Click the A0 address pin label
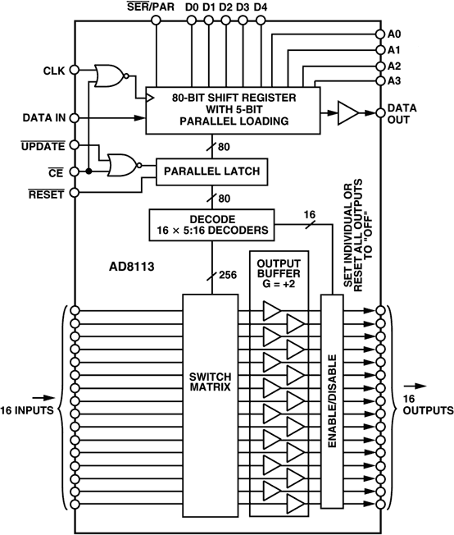pos(396,34)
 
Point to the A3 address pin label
pos(396,80)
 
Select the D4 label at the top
pos(260,8)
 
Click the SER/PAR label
pos(153,8)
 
